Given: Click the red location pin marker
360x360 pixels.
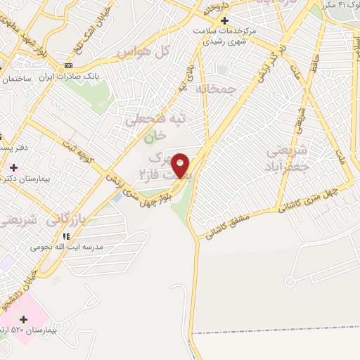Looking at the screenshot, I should pos(181,165).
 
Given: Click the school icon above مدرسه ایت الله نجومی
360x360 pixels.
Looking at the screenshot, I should pos(67,237).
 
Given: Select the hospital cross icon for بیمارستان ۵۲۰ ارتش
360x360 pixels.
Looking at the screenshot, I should pos(23,319).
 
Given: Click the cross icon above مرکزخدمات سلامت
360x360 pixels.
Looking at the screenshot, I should pos(224,20).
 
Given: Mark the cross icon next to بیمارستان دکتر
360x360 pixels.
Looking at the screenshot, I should pos(14,167).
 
